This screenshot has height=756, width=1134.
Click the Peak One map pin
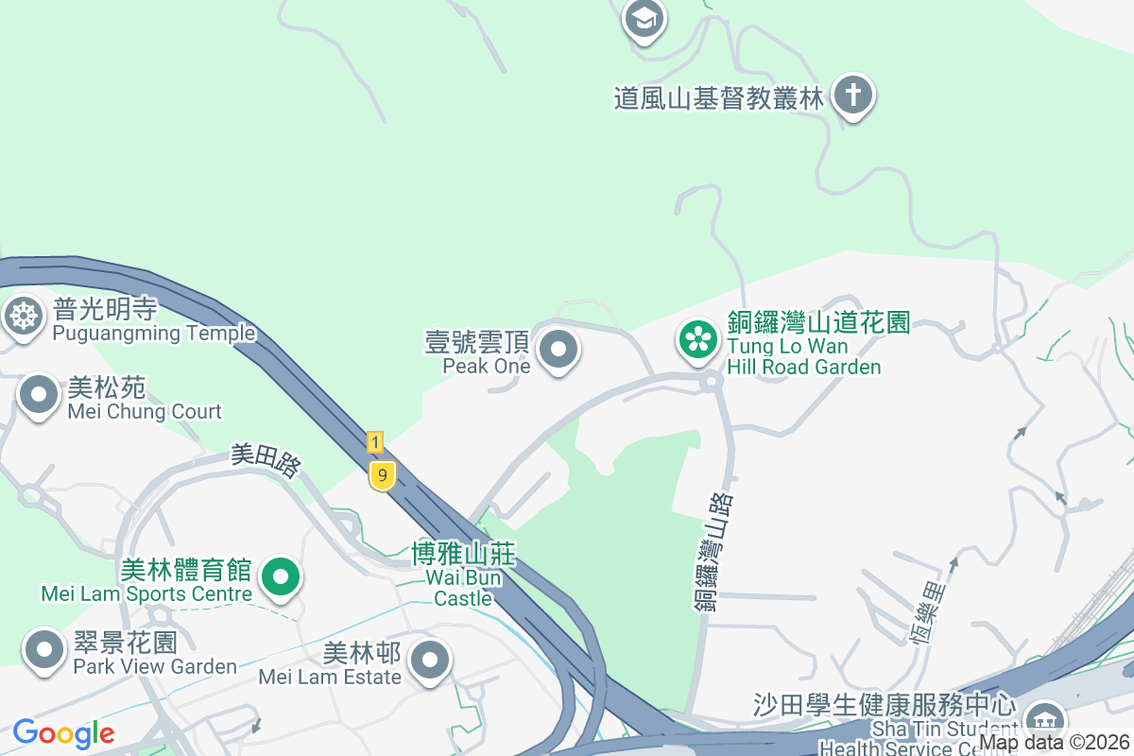tap(558, 349)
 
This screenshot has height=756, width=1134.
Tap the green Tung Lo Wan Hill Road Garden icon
tap(698, 340)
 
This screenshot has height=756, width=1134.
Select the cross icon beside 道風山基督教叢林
tap(853, 96)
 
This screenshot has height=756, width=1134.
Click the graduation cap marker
tap(644, 18)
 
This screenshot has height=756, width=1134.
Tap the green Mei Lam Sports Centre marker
tap(280, 576)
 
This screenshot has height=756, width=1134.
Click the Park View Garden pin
tap(44, 649)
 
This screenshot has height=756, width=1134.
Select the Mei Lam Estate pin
tap(431, 659)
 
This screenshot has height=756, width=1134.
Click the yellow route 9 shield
tap(382, 475)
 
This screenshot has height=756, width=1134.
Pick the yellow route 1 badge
tap(375, 441)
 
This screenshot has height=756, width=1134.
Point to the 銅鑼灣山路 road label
tap(713, 553)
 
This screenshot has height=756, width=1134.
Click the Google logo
tap(63, 733)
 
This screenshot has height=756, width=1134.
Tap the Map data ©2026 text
tap(1054, 743)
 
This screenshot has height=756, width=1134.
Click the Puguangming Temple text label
tap(154, 334)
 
